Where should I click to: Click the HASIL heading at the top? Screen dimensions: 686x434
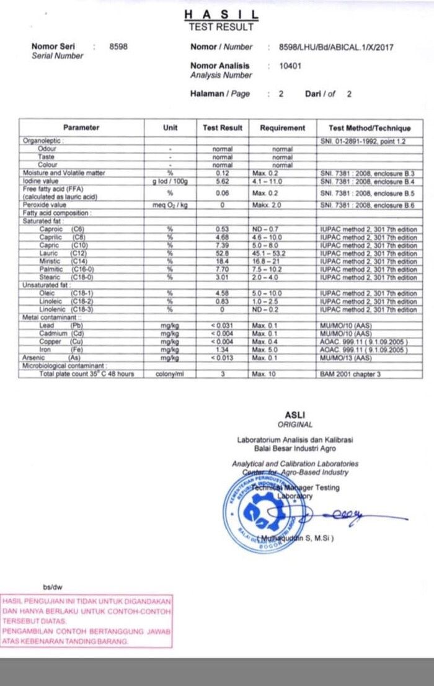(221, 15)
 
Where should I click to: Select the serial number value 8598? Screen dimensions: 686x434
(118, 47)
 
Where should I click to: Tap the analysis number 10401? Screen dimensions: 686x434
(290, 66)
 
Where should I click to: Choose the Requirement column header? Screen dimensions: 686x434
(282, 128)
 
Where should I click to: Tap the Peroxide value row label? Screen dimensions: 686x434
(44, 205)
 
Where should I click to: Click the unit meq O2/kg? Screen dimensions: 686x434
(170, 205)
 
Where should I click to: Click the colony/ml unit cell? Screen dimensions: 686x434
(170, 374)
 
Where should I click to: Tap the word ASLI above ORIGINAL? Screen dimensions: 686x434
(294, 415)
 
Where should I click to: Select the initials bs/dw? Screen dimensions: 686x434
(53, 587)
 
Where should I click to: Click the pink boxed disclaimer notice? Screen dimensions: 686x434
(87, 621)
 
